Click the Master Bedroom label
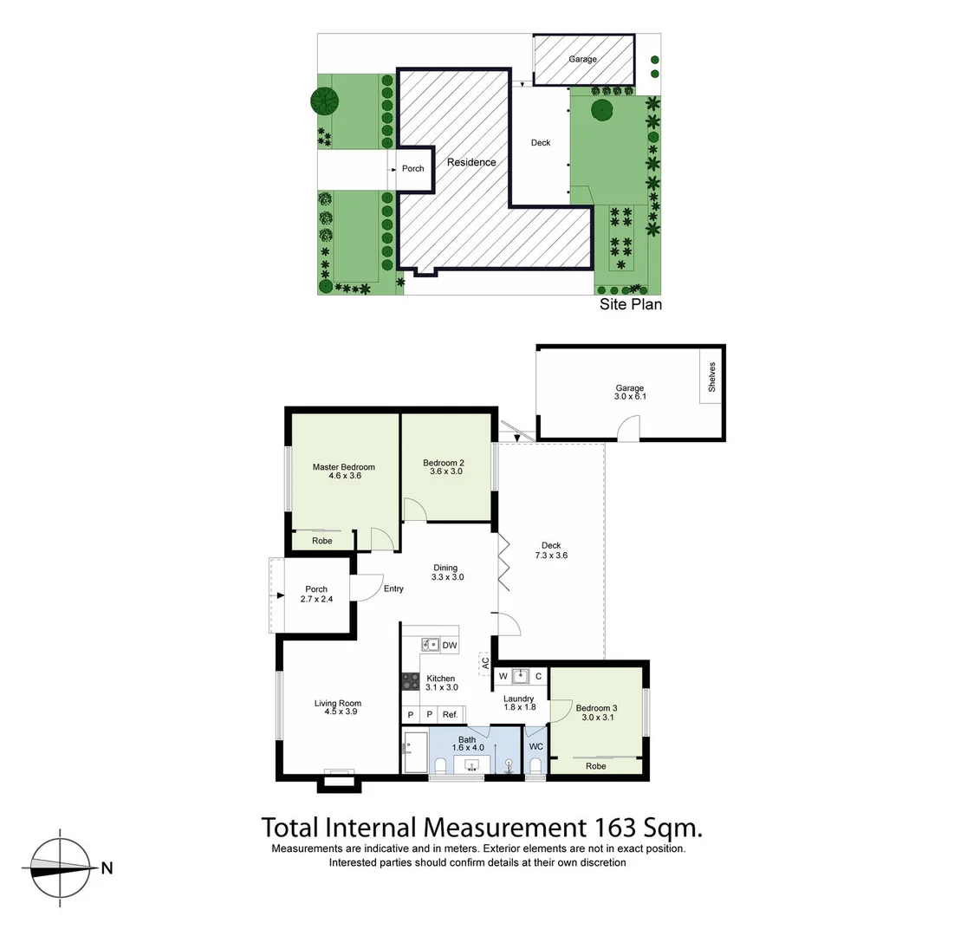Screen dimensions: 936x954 coord(343,467)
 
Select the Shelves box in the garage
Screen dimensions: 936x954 coord(712,377)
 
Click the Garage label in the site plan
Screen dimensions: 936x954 coord(582,60)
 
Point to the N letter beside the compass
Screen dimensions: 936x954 coord(107,868)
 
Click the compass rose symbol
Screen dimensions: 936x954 coord(60,867)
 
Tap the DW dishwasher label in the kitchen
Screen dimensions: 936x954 coord(449,645)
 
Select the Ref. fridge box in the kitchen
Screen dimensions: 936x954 coord(450,714)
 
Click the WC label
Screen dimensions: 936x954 coord(535,746)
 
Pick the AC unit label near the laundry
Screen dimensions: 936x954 coord(484,663)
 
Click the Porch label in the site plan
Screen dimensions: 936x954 coord(413,168)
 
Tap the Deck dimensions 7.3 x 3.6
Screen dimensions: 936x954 coord(551,556)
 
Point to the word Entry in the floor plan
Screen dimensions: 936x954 coord(393,589)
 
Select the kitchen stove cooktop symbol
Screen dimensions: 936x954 coord(410,682)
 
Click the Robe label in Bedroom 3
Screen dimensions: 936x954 coord(595,766)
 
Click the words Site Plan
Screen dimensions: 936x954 coord(631,304)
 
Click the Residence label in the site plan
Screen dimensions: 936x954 coord(471,162)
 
